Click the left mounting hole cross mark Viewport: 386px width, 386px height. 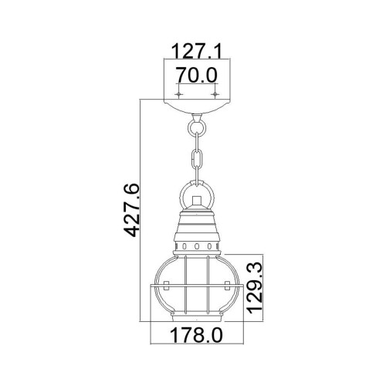coord(178,94)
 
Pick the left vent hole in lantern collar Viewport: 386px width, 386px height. coord(185,247)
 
